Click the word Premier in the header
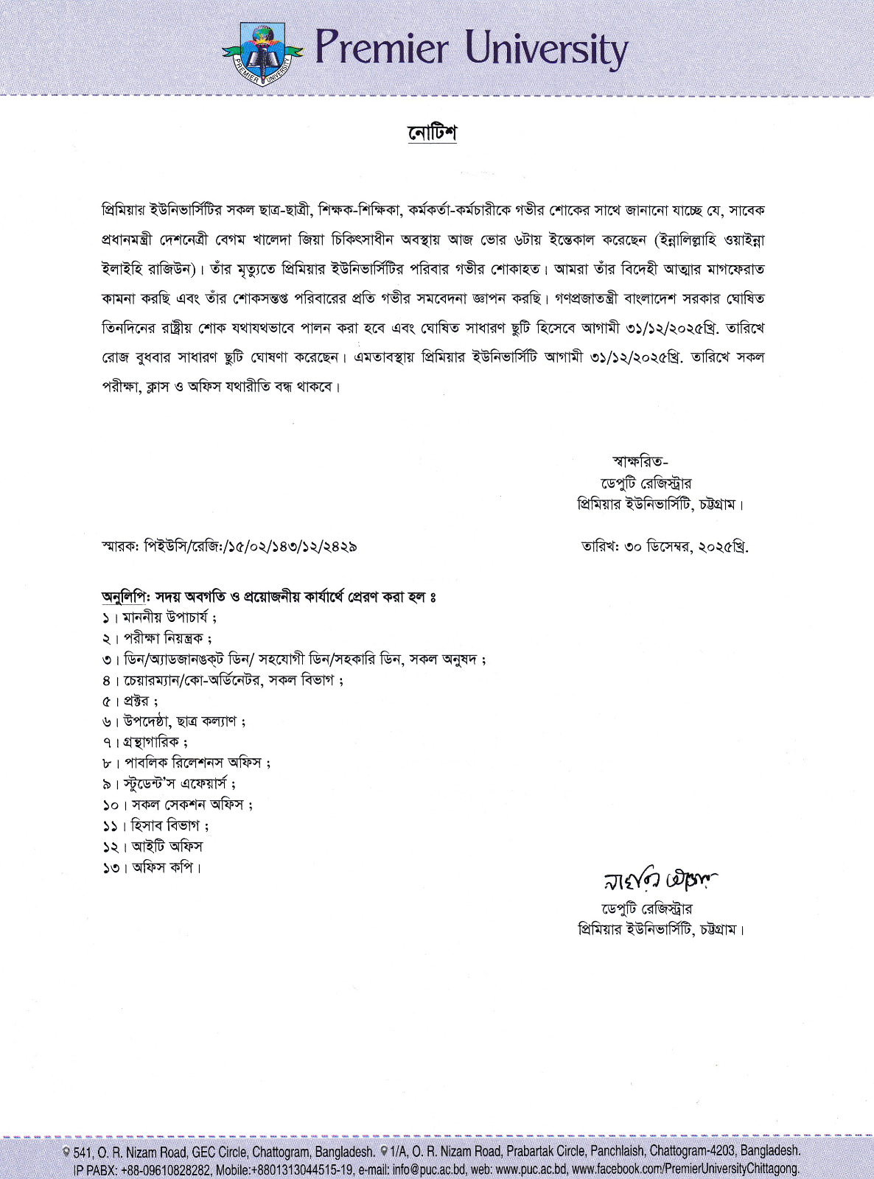pos(380,49)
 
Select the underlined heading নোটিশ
pos(433,133)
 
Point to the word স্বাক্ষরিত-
pos(640,462)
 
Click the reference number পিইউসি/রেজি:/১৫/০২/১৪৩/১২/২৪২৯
pos(251,547)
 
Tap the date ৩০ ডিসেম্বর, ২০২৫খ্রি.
pos(685,547)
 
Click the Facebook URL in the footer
pos(685,1169)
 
